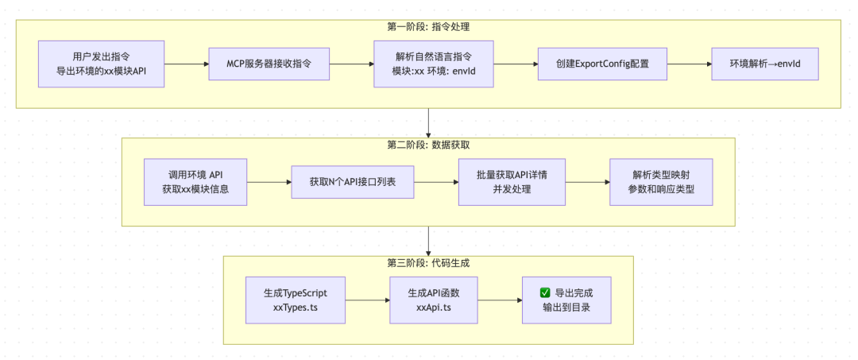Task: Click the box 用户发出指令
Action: [102, 64]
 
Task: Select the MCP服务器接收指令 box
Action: [269, 64]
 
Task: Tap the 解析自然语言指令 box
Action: [433, 64]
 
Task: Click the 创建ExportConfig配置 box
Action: [602, 64]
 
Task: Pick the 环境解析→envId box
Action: [763, 64]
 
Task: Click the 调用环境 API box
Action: [195, 182]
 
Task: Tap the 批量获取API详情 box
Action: [511, 182]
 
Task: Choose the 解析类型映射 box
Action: [661, 182]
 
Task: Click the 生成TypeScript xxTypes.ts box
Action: [296, 300]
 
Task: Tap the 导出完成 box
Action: [566, 300]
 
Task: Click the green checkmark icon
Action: [545, 292]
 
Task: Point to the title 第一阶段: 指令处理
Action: [428, 27]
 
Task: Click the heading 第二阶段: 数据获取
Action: [428, 145]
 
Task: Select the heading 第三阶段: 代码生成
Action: [428, 262]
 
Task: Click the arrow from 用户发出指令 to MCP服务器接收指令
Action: [187, 64]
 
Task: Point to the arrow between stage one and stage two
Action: [429, 122]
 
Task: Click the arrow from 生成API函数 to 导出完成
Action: [498, 300]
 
